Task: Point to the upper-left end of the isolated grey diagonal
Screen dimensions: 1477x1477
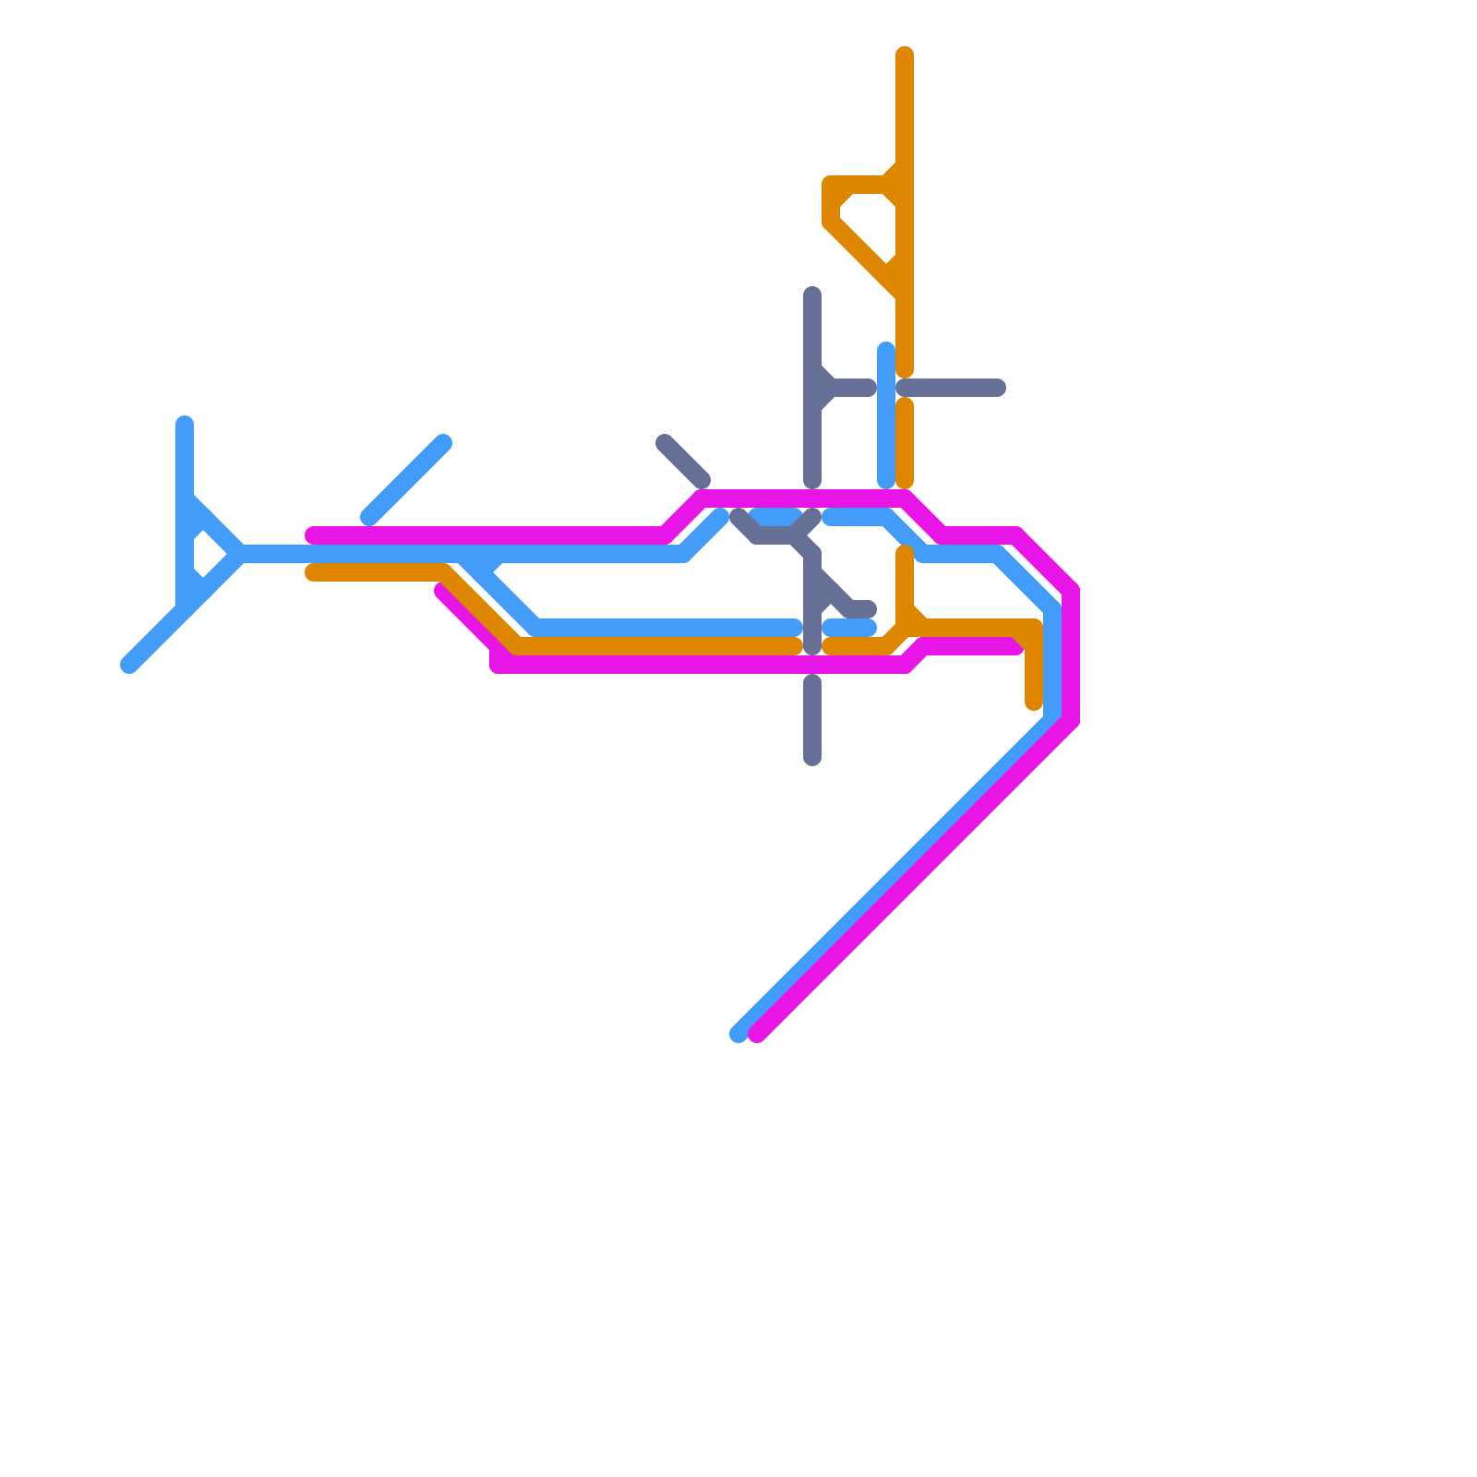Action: [x=664, y=442]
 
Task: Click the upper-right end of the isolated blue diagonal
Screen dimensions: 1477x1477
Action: [x=444, y=442]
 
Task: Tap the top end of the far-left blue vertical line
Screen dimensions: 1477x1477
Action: [x=185, y=424]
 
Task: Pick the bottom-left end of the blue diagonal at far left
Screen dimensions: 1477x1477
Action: [x=129, y=665]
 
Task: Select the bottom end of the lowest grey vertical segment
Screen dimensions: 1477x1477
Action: [x=812, y=759]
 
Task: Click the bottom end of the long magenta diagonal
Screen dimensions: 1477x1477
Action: [x=757, y=1034]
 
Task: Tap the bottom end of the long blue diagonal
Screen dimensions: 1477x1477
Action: [x=738, y=1034]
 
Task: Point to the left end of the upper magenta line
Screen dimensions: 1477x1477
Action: [x=314, y=535]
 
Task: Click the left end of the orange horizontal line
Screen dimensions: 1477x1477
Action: [x=314, y=572]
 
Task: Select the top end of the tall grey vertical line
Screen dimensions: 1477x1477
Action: [x=812, y=295]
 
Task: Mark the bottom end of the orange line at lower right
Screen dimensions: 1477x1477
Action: [x=1034, y=703]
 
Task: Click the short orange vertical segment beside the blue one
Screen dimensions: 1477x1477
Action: [x=905, y=443]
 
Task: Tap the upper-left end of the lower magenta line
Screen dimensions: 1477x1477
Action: [x=442, y=592]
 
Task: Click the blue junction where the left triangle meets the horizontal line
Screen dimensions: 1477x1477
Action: [x=240, y=554]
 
